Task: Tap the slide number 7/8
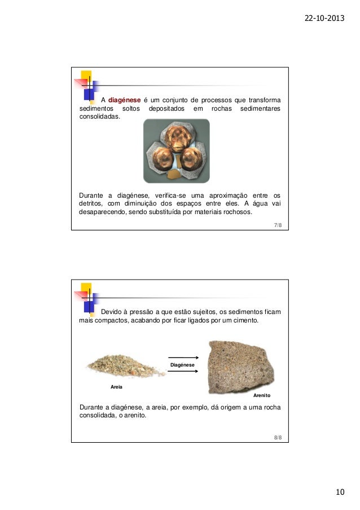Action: click(x=278, y=225)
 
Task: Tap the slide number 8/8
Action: click(x=278, y=437)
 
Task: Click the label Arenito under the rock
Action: click(x=261, y=396)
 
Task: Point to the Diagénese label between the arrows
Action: click(x=183, y=365)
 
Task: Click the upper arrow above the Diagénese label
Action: click(x=183, y=357)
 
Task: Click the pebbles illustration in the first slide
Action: click(x=176, y=151)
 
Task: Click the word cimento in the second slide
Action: click(x=244, y=321)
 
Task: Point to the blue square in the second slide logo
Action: click(x=89, y=306)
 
